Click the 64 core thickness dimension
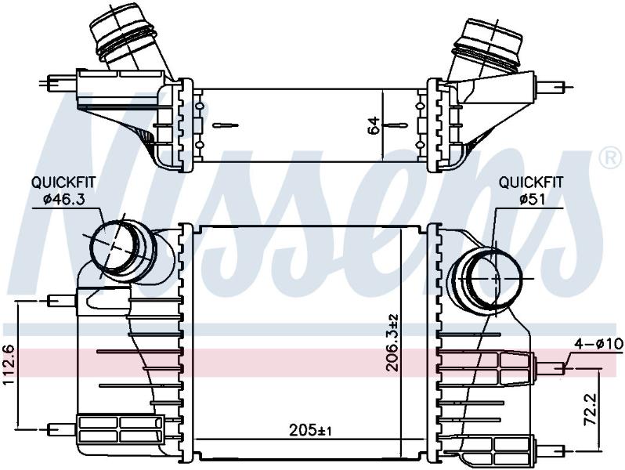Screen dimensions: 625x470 [374, 125]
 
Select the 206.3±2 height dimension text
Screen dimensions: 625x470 [392, 342]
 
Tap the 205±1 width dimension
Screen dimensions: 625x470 [310, 430]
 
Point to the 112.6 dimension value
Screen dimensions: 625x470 [9, 366]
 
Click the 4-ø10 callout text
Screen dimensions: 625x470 [599, 343]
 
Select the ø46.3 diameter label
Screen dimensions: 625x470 [63, 198]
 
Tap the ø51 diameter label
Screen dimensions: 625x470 [532, 198]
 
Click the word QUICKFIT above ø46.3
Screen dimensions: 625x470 [63, 183]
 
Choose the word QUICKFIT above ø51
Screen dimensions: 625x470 [531, 183]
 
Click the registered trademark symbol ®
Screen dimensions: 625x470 [610, 157]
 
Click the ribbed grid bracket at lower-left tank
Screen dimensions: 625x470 [120, 429]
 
